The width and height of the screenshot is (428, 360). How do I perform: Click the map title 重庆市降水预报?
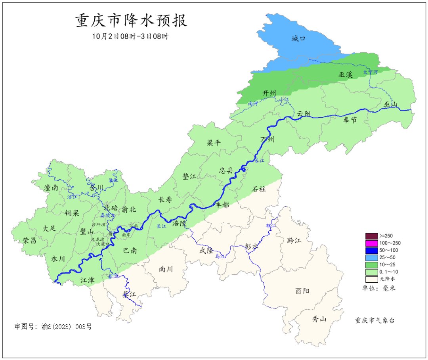coord(131,21)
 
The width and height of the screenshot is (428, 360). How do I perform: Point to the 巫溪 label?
coord(345,74)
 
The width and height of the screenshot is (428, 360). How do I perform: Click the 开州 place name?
coord(269,93)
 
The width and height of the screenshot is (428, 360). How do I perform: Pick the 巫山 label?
coord(390,104)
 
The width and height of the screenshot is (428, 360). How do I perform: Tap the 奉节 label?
coord(350,120)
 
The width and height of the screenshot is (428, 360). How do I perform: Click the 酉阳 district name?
coord(302,291)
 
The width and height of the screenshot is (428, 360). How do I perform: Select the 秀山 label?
coord(319,319)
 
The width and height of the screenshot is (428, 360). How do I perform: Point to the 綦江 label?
coord(129,295)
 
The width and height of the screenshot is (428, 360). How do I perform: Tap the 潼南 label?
coord(52,188)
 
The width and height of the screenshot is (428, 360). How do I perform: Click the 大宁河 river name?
coord(371,72)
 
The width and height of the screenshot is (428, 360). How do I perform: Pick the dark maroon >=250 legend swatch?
coord(371,236)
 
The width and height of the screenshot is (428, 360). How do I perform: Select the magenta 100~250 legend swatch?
coord(371,243)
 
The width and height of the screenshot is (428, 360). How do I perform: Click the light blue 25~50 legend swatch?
coord(371,258)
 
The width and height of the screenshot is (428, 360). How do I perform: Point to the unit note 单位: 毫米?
coord(379,288)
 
